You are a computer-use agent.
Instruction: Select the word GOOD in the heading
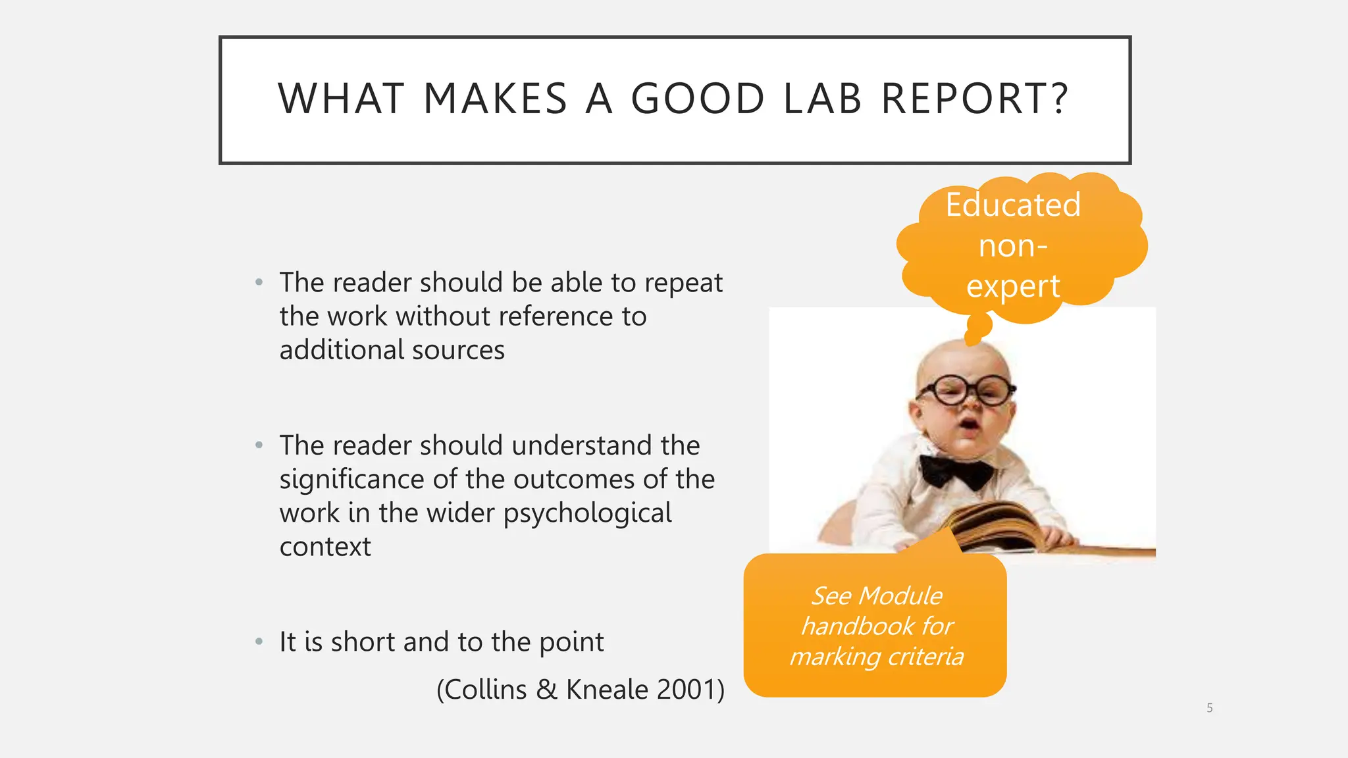[698, 99]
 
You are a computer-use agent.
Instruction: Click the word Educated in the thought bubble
[1013, 205]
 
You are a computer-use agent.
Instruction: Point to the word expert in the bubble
[1013, 287]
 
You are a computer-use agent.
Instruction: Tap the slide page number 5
[1209, 708]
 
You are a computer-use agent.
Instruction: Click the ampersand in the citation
[546, 690]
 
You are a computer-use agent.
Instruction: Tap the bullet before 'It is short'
[259, 642]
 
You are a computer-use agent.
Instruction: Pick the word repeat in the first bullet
[683, 284]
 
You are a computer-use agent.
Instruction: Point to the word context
[325, 547]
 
